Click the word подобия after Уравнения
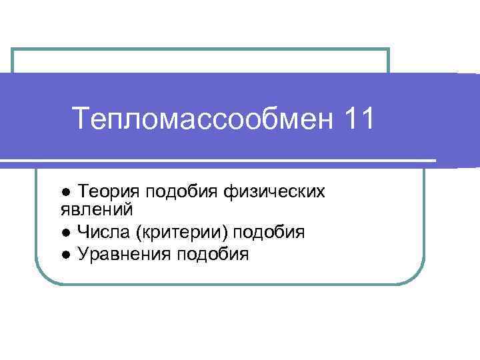pos(213,255)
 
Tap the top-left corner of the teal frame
pos(13,49)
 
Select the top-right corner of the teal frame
pos(388,49)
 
